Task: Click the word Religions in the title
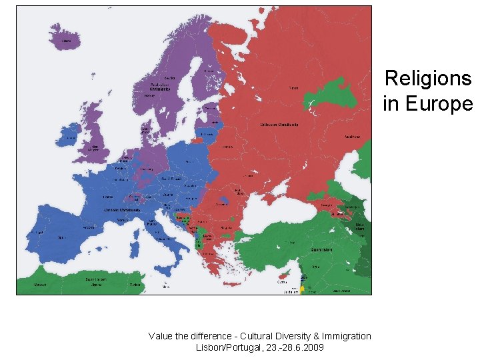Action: (x=428, y=79)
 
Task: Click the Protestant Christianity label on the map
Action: (x=159, y=87)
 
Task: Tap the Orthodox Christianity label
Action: (x=279, y=125)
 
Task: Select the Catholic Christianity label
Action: (x=121, y=210)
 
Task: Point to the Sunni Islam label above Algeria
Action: (x=98, y=279)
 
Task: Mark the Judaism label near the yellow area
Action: (x=291, y=291)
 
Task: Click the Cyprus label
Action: (x=283, y=282)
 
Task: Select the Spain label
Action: (x=61, y=237)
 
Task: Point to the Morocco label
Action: (x=41, y=283)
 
